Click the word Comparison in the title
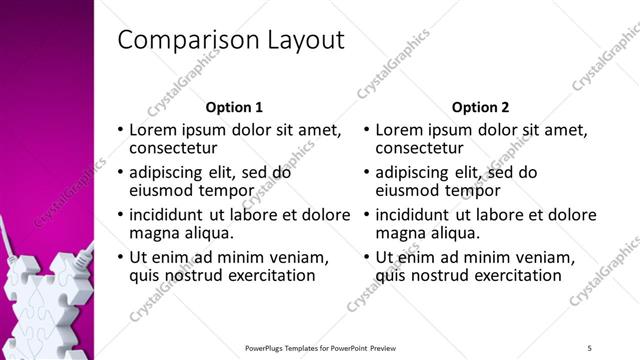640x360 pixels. pyautogui.click(x=185, y=41)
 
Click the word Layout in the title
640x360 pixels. pyautogui.click(x=302, y=41)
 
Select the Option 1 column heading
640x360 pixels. pyautogui.click(x=235, y=107)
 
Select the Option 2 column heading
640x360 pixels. pyautogui.click(x=480, y=107)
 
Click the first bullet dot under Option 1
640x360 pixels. pyautogui.click(x=121, y=131)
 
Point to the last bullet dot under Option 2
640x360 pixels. pyautogui.click(x=367, y=258)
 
